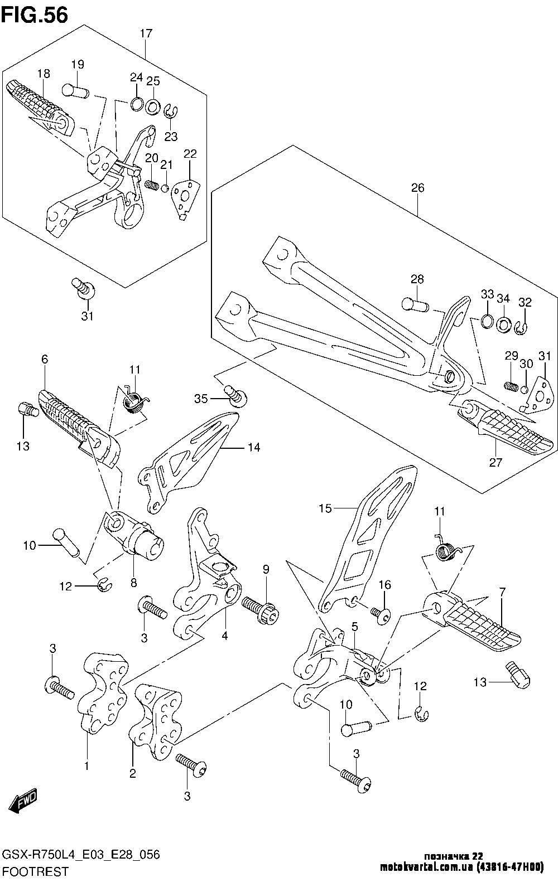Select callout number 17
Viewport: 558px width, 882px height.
pyautogui.click(x=146, y=33)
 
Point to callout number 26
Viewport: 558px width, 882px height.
pyautogui.click(x=417, y=188)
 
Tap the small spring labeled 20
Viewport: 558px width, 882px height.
pyautogui.click(x=151, y=185)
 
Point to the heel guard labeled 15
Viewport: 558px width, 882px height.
pyautogui.click(x=368, y=535)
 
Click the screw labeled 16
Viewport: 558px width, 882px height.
pyautogui.click(x=381, y=614)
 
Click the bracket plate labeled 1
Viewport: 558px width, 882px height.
pyautogui.click(x=103, y=691)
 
